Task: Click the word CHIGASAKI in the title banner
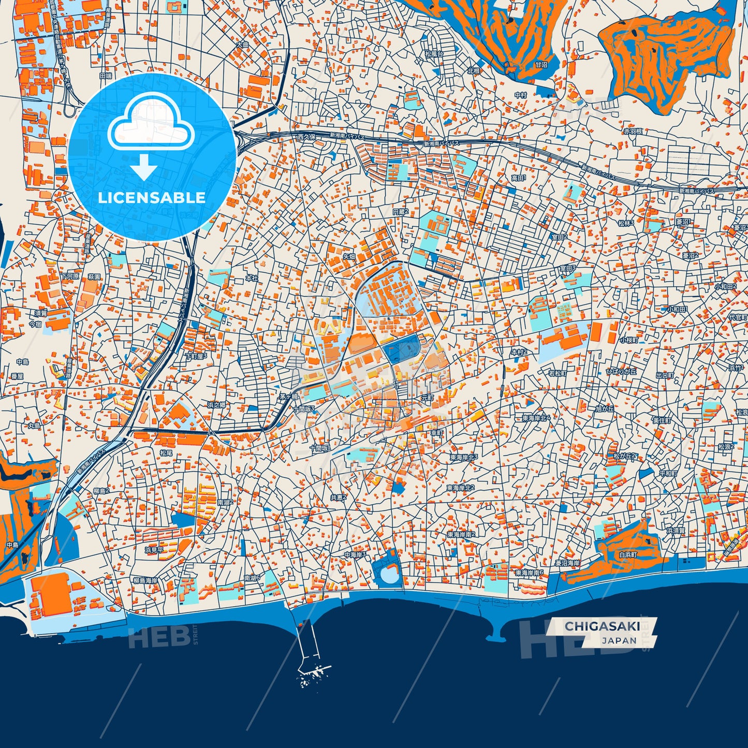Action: click(x=602, y=626)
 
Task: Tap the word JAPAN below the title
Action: click(x=619, y=640)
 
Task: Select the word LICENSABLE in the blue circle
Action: click(x=152, y=198)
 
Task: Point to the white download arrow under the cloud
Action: click(x=144, y=167)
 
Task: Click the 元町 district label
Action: click(x=427, y=398)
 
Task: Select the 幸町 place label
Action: click(x=437, y=433)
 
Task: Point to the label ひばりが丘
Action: click(x=621, y=372)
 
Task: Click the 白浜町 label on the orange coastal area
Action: click(x=628, y=554)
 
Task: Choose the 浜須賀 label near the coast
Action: click(x=676, y=531)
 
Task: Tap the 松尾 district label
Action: click(x=166, y=452)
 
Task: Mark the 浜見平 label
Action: click(x=154, y=550)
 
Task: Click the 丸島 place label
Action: click(x=34, y=426)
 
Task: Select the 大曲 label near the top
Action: click(x=242, y=45)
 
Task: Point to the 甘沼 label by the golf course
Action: click(x=541, y=65)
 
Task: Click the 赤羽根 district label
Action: click(x=633, y=131)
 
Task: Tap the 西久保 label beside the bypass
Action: click(x=306, y=137)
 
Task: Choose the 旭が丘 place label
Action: click(x=604, y=408)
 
